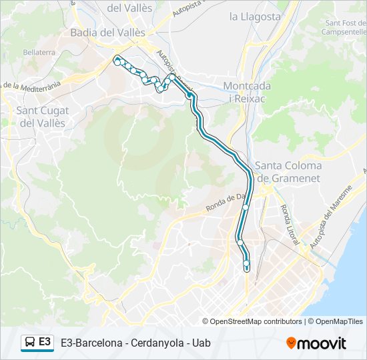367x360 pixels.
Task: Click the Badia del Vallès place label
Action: (107, 32)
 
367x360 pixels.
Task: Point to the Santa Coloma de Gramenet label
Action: (289, 172)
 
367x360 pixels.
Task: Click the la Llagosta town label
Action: (255, 17)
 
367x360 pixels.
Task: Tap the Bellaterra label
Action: (39, 51)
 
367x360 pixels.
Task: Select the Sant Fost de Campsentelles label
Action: (344, 27)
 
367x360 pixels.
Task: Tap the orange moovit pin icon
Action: (291, 343)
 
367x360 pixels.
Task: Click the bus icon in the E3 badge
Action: (29, 343)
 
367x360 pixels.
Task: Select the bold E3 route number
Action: (45, 342)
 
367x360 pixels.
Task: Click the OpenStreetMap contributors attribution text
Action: (256, 321)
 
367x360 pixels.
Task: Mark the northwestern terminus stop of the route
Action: (117, 60)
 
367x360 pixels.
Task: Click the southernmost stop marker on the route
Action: (246, 268)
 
